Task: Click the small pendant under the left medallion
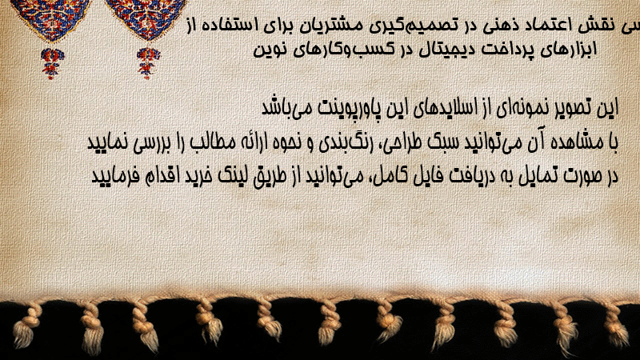click(x=52, y=63)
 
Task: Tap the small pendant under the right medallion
click(x=148, y=63)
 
